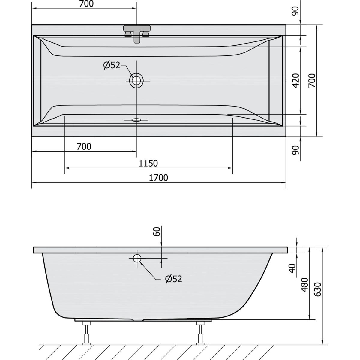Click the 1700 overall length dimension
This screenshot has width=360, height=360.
pyautogui.click(x=158, y=178)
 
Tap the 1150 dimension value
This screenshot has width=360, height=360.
pyautogui.click(x=148, y=163)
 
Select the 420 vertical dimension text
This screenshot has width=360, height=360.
pyautogui.click(x=296, y=80)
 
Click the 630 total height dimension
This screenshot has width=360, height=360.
pyautogui.click(x=318, y=289)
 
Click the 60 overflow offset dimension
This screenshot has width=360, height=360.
pyautogui.click(x=157, y=232)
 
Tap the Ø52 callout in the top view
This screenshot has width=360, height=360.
pyautogui.click(x=112, y=65)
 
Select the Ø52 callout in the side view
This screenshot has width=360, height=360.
pyautogui.click(x=174, y=279)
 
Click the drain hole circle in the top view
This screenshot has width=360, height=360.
pyautogui.click(x=136, y=81)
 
